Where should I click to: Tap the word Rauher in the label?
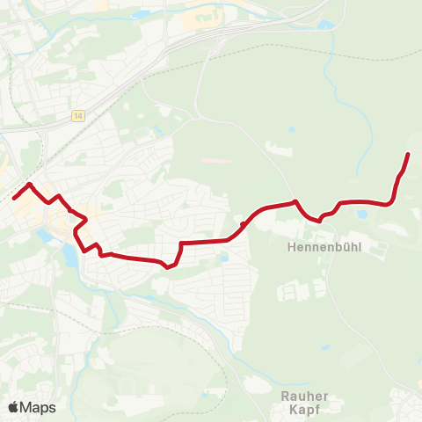click(x=304, y=396)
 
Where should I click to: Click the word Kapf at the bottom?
click(x=304, y=411)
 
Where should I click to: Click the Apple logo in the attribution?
click(x=13, y=407)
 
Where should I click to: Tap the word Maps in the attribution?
click(x=38, y=407)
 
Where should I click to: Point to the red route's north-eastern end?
click(x=408, y=155)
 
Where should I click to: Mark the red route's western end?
click(x=14, y=198)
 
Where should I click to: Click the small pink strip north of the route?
click(x=216, y=161)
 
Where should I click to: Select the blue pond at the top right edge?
click(x=326, y=25)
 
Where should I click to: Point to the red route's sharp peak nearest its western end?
click(x=30, y=185)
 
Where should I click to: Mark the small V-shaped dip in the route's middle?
click(x=166, y=267)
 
